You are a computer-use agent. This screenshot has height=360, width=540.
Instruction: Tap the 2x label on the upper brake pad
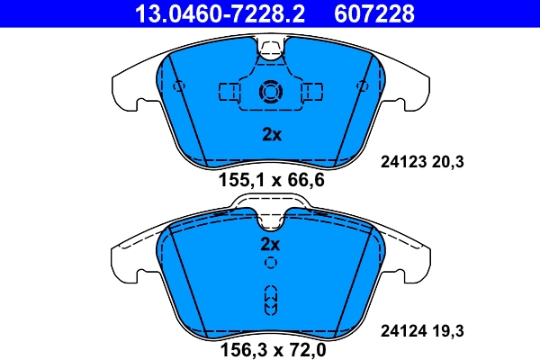coord(272,135)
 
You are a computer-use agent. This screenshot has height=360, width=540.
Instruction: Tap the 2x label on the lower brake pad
coord(271,244)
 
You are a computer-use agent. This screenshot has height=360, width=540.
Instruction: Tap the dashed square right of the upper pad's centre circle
coord(311,92)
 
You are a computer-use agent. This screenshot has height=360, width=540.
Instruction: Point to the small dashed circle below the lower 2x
coord(271,263)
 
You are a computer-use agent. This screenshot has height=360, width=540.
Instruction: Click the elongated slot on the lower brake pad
coord(271,299)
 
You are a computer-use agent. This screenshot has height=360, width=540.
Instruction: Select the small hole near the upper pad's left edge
coord(178,86)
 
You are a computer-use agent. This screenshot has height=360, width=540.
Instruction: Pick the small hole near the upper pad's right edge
coord(364,86)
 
